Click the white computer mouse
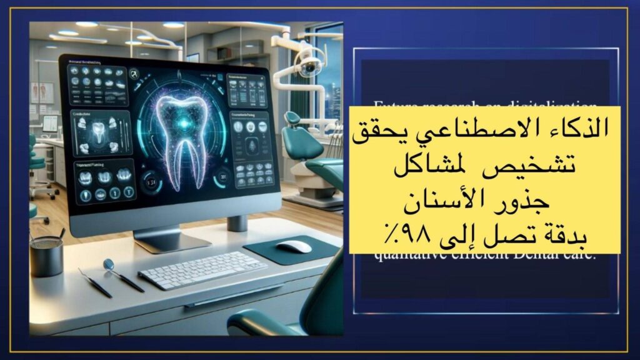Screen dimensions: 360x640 coord(294,246)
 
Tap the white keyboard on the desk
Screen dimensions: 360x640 coord(194,269)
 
